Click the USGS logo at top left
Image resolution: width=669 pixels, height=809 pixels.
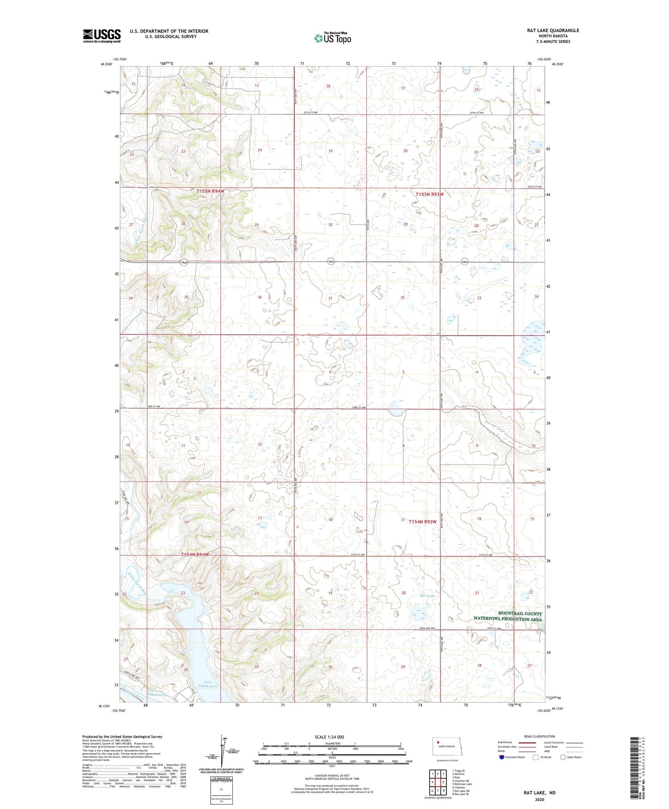(102, 36)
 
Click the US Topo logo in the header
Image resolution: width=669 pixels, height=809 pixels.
(332, 38)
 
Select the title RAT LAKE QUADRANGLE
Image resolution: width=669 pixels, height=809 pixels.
(553, 30)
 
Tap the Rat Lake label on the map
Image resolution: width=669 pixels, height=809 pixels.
(427, 596)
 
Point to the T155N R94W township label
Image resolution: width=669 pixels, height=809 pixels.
(205, 191)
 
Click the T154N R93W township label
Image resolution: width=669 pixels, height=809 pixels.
(422, 521)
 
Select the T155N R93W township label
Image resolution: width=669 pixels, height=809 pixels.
(429, 194)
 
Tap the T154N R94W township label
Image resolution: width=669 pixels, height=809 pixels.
(195, 555)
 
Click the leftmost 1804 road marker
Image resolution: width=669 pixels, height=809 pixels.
(183, 262)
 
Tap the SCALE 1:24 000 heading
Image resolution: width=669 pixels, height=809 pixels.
(329, 737)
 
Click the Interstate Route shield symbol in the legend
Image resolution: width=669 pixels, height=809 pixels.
(502, 757)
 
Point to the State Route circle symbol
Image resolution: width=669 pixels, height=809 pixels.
(563, 757)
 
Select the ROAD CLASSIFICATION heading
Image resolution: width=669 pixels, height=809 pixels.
(540, 736)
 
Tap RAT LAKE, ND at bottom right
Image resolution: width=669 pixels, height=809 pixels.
(540, 793)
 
